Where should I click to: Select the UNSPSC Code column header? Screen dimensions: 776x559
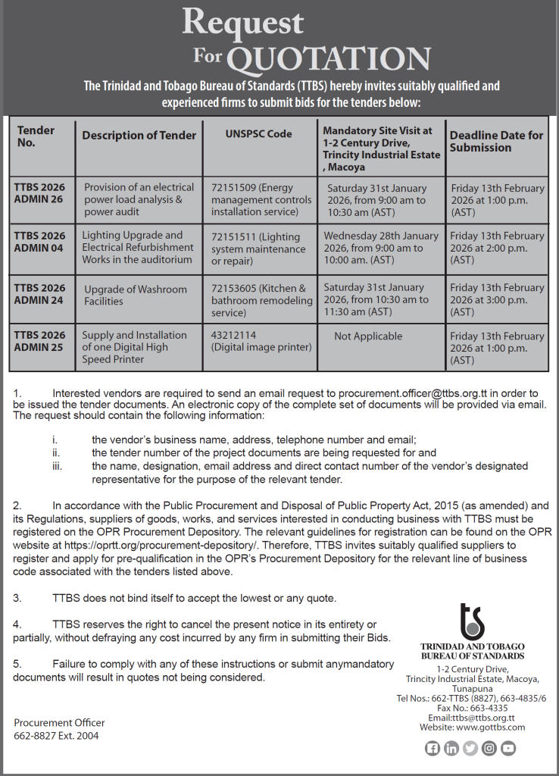(x=258, y=134)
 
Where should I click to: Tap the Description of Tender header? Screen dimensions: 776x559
(x=139, y=136)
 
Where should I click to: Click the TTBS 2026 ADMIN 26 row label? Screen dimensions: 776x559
(x=39, y=193)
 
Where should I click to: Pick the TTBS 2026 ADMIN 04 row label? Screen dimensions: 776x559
(x=39, y=242)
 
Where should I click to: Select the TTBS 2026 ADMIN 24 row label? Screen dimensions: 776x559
(x=39, y=294)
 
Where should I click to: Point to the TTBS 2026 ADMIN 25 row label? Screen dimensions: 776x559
(x=39, y=341)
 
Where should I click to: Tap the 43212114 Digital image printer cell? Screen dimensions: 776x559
(x=261, y=341)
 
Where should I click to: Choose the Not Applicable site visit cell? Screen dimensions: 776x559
(x=368, y=336)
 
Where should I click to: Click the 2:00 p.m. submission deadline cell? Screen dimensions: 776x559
(x=497, y=248)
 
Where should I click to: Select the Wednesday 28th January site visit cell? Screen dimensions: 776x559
(x=383, y=248)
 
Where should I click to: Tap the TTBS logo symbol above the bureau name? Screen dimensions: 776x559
(x=472, y=622)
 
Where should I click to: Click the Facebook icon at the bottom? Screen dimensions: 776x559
(x=433, y=749)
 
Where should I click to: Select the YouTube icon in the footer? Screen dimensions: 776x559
(x=508, y=749)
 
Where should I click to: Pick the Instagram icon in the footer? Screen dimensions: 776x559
(x=489, y=749)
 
